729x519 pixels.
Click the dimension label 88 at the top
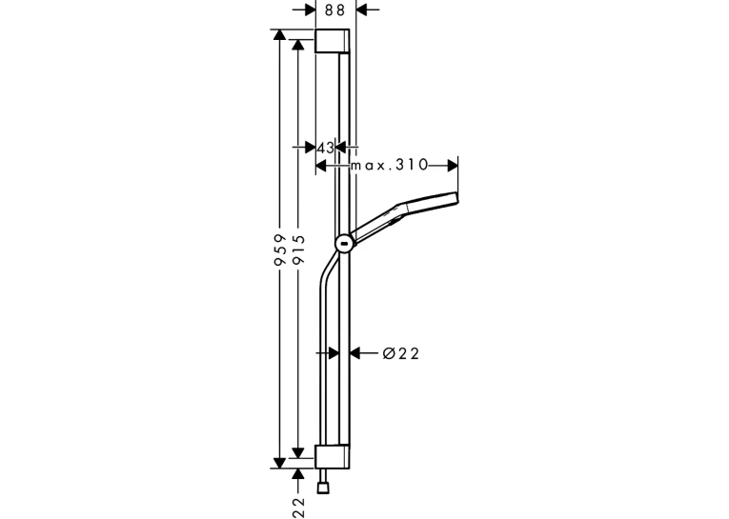tap(334, 10)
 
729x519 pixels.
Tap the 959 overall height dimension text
tap(279, 250)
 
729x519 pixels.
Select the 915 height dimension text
tap(298, 250)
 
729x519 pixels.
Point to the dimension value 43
tap(326, 148)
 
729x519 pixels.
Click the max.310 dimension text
tap(389, 165)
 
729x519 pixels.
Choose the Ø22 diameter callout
tap(401, 353)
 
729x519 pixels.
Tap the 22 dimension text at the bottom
tap(298, 508)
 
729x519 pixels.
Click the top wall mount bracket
tap(332, 41)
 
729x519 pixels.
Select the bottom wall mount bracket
tap(332, 457)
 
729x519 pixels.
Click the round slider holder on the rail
tap(345, 243)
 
